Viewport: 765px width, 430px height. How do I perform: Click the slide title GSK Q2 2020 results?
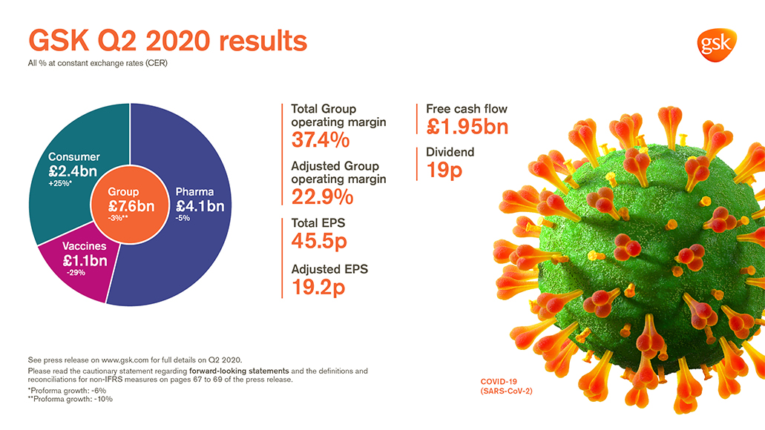point(167,41)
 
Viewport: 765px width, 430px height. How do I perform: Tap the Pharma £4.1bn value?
point(200,206)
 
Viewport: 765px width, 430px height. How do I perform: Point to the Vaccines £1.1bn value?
point(85,260)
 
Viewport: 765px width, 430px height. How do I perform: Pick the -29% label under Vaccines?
point(75,273)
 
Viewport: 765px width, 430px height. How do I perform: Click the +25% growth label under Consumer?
point(61,185)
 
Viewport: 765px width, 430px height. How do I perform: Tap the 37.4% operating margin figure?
point(321,140)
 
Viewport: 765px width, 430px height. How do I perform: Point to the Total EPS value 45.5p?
point(319,241)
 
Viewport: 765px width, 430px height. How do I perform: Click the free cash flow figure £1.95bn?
point(467,127)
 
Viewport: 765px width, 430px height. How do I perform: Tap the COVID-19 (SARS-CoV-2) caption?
point(506,386)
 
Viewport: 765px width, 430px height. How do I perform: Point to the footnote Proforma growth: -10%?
point(70,398)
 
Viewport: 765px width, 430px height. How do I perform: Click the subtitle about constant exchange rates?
point(97,63)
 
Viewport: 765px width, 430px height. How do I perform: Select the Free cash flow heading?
point(467,109)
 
